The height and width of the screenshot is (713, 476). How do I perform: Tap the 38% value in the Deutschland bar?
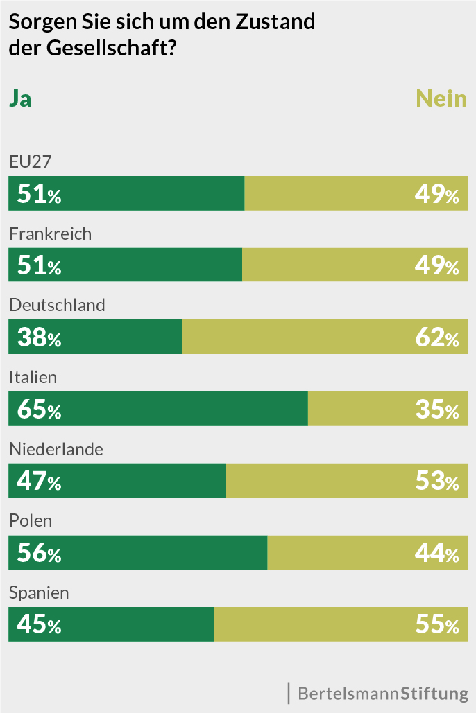point(39,337)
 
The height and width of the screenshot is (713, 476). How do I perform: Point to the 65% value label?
point(39,410)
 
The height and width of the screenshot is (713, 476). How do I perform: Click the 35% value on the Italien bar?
point(436,410)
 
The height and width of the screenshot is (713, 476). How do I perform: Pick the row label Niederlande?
point(56,449)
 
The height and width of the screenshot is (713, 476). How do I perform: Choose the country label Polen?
point(31,521)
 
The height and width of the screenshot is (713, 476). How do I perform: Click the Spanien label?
point(39,593)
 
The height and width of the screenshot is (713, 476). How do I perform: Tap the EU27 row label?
point(31,161)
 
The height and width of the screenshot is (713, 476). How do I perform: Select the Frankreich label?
point(50,234)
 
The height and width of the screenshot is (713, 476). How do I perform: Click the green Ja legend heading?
point(19,98)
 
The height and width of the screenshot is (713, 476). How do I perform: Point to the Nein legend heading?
point(441,98)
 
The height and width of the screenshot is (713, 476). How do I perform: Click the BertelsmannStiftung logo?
point(382,693)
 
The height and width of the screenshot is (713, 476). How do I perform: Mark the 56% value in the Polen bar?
point(39,554)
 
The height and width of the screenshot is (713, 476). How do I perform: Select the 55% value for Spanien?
point(436,626)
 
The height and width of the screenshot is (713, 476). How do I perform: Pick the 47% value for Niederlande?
point(39,482)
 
